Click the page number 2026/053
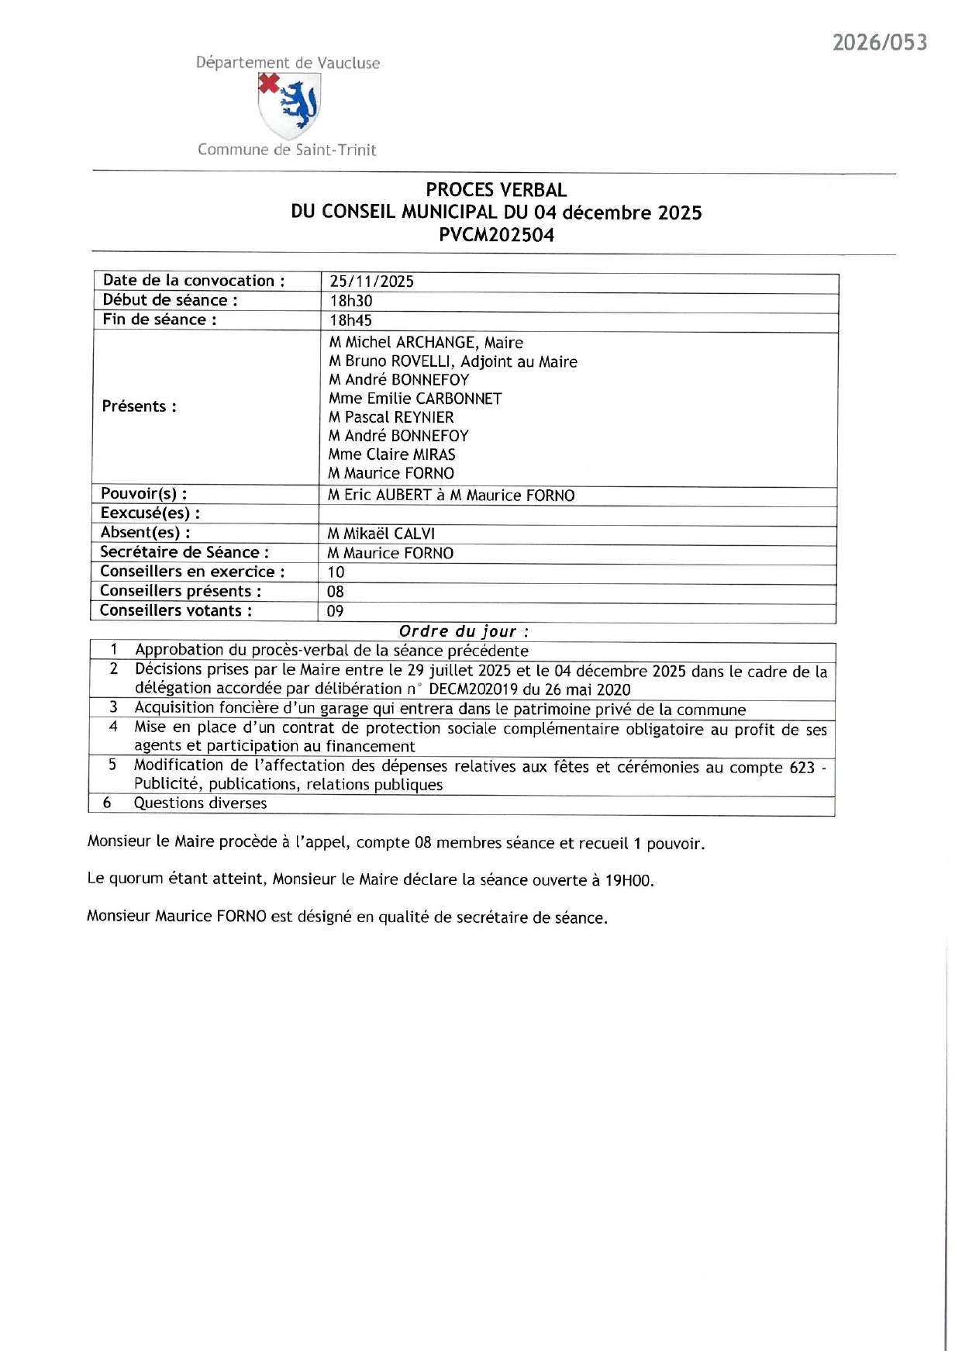pos(879,43)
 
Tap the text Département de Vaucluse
pos(288,63)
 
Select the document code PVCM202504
pos(496,235)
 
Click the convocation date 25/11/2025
pos(371,282)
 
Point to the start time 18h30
pos(350,301)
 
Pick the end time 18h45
pos(350,320)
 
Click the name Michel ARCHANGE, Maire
pos(426,343)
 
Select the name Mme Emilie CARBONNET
pos(415,399)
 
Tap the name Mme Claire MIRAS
pos(391,454)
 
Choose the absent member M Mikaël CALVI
pos(381,534)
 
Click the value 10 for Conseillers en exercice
pos(336,572)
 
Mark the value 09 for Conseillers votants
pos(335,611)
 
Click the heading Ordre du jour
pos(464,631)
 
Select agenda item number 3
pos(113,707)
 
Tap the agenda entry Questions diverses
pos(200,803)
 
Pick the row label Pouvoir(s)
pos(143,494)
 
